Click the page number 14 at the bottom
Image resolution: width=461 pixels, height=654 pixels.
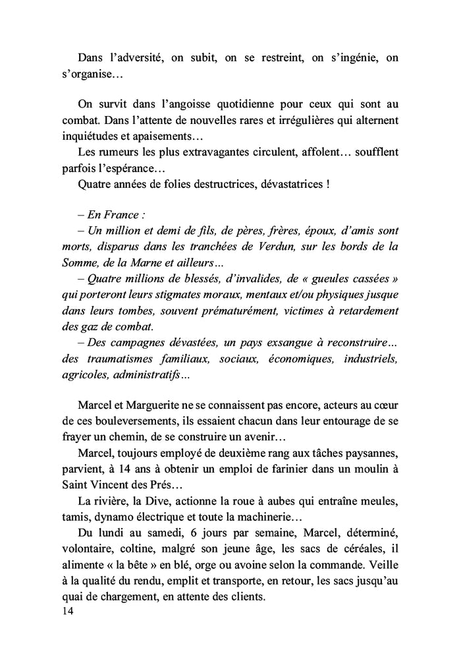67,611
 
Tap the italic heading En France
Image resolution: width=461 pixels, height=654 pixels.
112,214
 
